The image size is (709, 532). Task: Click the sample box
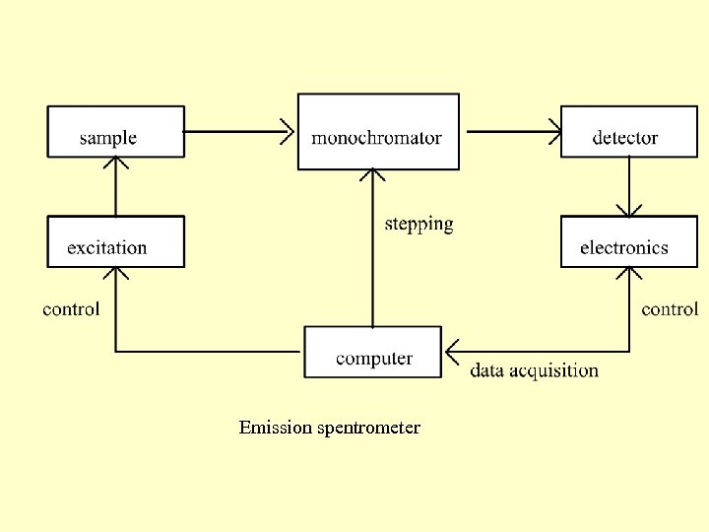click(x=116, y=131)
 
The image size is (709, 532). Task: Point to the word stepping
click(x=419, y=224)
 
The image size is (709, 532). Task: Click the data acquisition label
click(x=534, y=370)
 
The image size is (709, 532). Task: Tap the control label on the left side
click(x=71, y=309)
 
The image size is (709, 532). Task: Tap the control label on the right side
click(x=670, y=309)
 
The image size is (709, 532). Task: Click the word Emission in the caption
click(x=276, y=428)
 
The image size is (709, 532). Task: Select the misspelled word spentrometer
click(x=369, y=428)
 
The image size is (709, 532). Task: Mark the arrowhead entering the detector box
click(x=553, y=131)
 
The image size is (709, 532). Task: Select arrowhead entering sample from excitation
click(x=116, y=164)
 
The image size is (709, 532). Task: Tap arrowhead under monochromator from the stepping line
click(x=372, y=175)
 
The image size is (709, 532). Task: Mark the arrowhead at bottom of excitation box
click(x=116, y=274)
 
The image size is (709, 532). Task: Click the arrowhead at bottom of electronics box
click(x=628, y=274)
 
